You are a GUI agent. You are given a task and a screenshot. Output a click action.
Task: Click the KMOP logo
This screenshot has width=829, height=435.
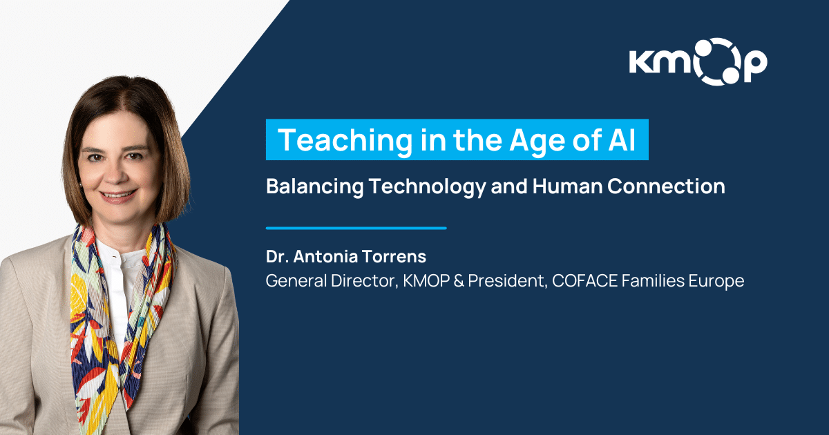click(x=698, y=61)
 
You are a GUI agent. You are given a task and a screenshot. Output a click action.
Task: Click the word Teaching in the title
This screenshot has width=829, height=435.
click(x=345, y=140)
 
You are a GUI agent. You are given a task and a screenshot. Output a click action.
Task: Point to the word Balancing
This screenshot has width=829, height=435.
click(x=314, y=186)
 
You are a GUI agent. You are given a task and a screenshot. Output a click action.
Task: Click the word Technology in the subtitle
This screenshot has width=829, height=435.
click(x=427, y=186)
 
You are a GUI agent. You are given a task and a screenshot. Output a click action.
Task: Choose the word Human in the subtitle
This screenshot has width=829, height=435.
click(x=567, y=186)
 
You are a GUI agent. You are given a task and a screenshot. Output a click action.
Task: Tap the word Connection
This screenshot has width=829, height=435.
click(x=666, y=186)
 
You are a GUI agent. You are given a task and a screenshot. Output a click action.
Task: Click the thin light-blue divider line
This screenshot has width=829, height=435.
click(x=356, y=229)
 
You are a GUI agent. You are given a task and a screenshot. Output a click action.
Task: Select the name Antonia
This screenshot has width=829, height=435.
click(x=325, y=256)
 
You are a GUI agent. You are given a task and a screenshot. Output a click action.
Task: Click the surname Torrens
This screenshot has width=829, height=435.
click(x=394, y=256)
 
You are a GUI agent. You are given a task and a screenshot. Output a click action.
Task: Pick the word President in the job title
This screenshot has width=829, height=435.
click(x=507, y=281)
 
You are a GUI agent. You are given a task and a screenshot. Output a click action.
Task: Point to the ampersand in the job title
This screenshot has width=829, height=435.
click(x=459, y=281)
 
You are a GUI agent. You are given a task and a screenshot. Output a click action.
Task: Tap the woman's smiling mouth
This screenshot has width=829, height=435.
click(x=118, y=195)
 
